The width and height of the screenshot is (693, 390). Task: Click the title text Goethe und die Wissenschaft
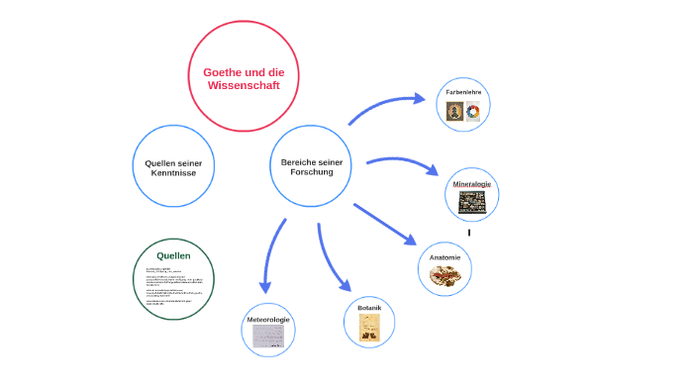[244, 78]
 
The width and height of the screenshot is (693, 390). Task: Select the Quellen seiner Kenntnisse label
[173, 167]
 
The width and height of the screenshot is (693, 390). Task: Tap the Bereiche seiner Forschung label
[311, 166]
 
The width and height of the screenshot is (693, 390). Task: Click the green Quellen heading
[173, 255]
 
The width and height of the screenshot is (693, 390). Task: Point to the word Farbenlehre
[464, 91]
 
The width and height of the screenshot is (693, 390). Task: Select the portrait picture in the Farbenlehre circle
[455, 112]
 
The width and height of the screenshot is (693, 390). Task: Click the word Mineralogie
[472, 184]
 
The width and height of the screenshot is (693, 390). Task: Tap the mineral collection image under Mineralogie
[472, 202]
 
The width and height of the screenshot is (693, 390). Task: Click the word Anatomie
[445, 257]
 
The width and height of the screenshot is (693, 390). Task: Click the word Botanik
[369, 308]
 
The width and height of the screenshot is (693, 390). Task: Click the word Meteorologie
[268, 320]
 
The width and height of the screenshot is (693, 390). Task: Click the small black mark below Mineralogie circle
[469, 233]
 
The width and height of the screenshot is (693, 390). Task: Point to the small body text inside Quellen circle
[173, 286]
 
